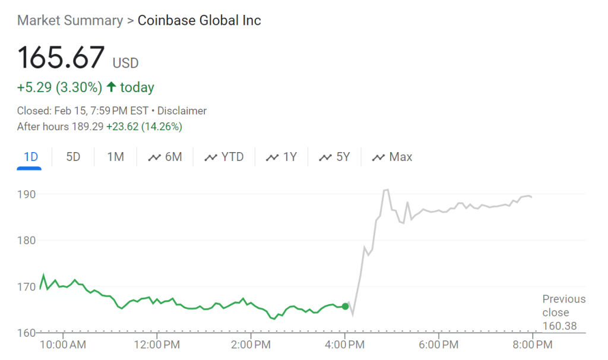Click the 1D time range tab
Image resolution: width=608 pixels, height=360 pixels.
(x=31, y=157)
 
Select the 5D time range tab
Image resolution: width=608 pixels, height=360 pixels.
(x=73, y=157)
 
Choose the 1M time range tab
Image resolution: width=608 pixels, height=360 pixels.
(x=115, y=157)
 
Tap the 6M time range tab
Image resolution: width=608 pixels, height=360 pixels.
(x=165, y=157)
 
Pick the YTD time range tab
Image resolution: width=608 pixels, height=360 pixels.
(x=224, y=157)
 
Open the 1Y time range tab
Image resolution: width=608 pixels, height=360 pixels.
(x=281, y=157)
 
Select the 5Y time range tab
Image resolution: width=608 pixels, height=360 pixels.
(x=335, y=157)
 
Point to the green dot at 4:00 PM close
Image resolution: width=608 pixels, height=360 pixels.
(x=345, y=307)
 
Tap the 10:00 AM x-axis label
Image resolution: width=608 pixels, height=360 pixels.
(x=64, y=344)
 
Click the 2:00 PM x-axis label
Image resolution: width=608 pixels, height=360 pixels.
(x=251, y=344)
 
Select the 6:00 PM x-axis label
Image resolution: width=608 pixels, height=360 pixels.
(x=438, y=344)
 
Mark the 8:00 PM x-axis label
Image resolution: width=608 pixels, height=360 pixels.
(x=532, y=344)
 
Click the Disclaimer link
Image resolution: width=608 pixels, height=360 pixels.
(x=182, y=110)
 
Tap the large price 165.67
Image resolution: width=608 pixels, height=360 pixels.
(x=61, y=58)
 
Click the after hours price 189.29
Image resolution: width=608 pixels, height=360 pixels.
(x=88, y=127)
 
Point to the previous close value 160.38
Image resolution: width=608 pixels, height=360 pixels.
(x=559, y=326)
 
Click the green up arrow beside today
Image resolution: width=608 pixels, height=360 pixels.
(x=111, y=87)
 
